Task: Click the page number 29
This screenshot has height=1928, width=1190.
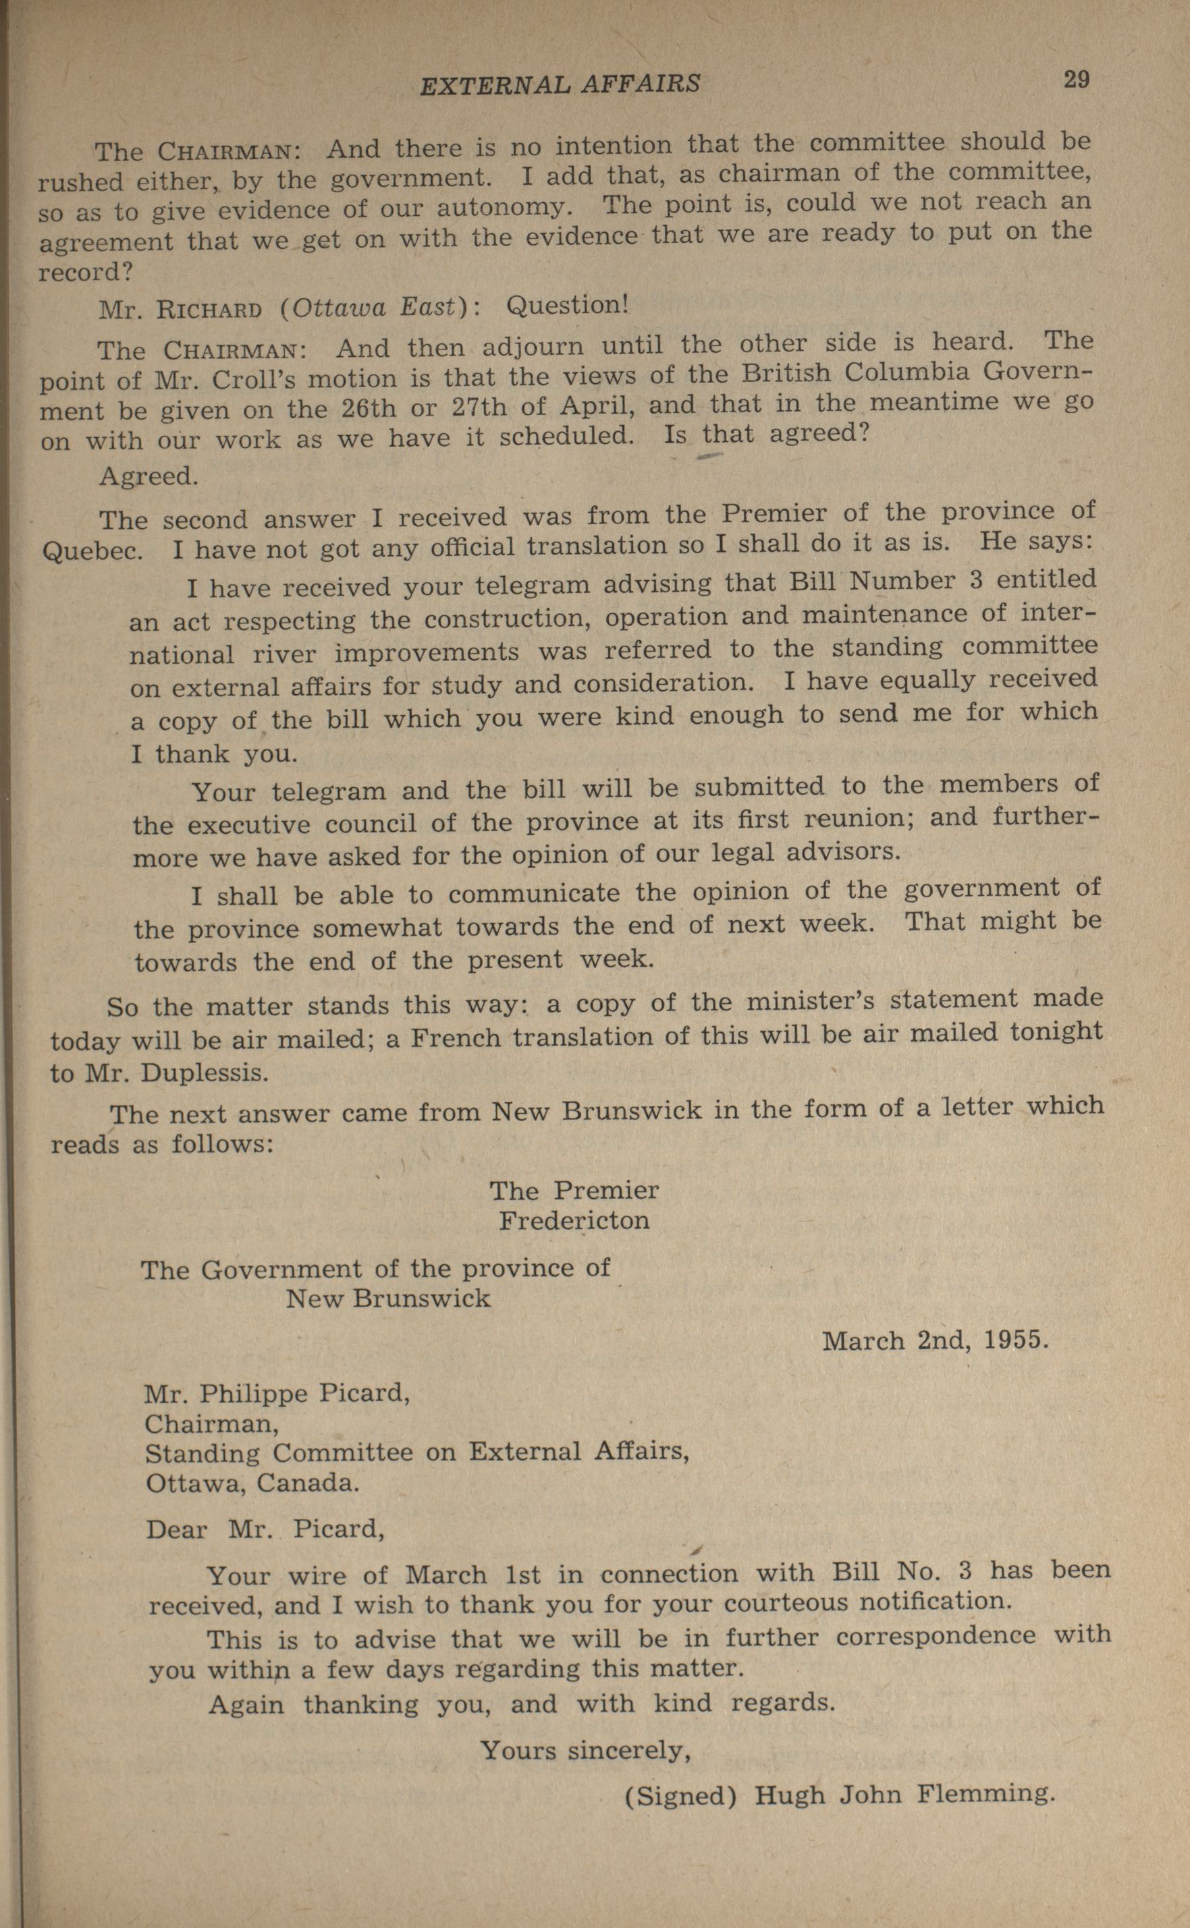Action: click(x=1076, y=80)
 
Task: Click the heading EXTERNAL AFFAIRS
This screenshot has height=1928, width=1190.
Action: click(x=560, y=84)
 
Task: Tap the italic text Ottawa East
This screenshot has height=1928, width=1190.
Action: click(x=373, y=308)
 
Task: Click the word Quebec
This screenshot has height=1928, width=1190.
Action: click(x=93, y=549)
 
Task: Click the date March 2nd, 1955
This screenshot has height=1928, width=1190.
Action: click(x=935, y=1340)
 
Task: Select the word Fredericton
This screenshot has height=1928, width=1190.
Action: click(x=574, y=1221)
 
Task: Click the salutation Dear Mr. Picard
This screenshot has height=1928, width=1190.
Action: click(x=265, y=1529)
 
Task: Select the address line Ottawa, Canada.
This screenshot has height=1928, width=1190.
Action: click(x=252, y=1483)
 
